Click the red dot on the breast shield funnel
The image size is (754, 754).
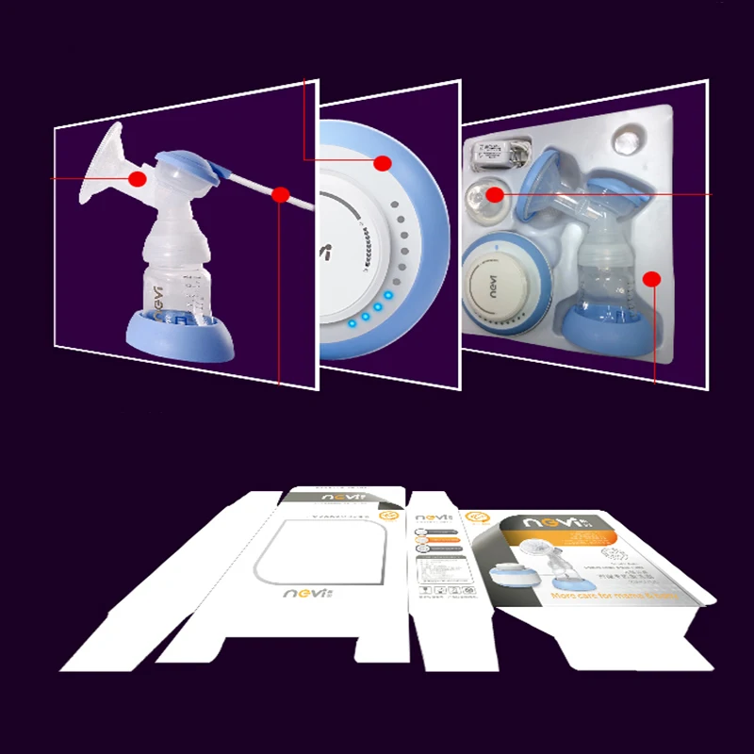click(x=138, y=178)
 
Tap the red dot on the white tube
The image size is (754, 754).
click(x=280, y=195)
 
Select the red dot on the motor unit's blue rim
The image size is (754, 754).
click(x=382, y=163)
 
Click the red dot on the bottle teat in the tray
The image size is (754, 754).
click(x=495, y=194)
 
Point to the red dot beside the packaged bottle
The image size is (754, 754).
click(x=651, y=278)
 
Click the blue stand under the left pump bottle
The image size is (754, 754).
click(x=183, y=334)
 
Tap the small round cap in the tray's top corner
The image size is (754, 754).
click(x=627, y=139)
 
